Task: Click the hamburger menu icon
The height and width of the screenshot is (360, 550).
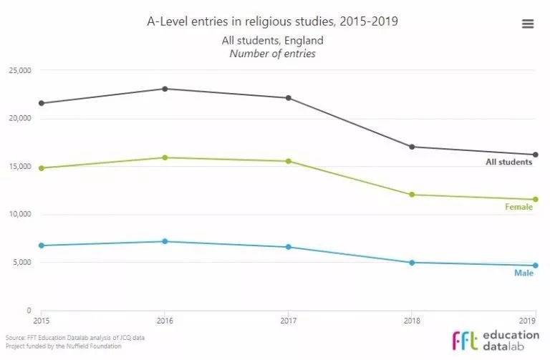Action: (528, 24)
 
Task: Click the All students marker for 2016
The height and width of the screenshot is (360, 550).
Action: (165, 89)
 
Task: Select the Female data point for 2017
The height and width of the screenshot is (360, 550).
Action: (288, 161)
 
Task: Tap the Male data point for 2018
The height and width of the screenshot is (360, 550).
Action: (412, 263)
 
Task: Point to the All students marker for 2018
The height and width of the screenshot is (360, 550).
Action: (412, 147)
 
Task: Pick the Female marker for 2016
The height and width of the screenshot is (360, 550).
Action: (165, 157)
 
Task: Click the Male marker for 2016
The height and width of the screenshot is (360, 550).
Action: (165, 241)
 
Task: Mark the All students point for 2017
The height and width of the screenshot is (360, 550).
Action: (288, 98)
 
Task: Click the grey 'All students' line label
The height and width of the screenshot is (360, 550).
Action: (508, 162)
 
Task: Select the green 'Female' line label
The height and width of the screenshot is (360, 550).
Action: (518, 208)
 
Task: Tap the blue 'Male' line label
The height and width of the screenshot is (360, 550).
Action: (523, 273)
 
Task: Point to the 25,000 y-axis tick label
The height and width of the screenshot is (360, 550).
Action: (19, 70)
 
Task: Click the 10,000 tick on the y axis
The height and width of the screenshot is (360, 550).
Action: (19, 215)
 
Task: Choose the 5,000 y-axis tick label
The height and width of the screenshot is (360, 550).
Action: (21, 263)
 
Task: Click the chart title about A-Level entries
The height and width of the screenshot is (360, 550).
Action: (272, 21)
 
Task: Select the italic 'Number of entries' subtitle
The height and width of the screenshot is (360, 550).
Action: (272, 54)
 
